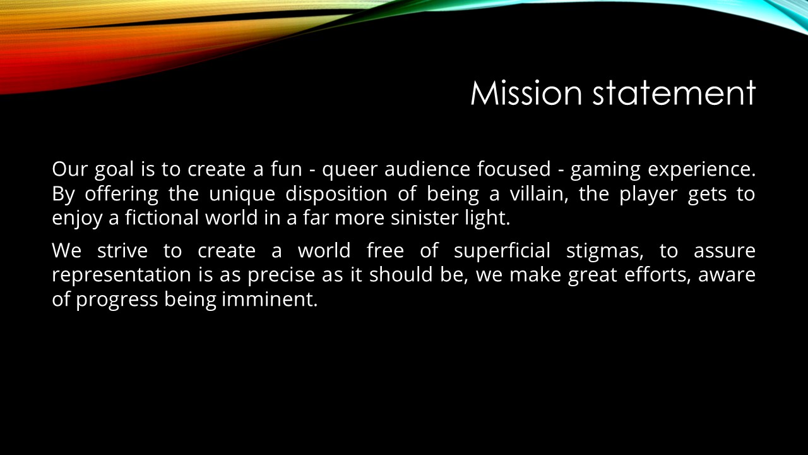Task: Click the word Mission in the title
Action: (526, 93)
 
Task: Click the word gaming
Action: (605, 170)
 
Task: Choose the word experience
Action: (701, 170)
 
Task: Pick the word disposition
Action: (336, 195)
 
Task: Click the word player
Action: (648, 195)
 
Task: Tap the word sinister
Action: (425, 218)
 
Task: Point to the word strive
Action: (122, 251)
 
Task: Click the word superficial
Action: (502, 252)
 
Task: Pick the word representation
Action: (122, 275)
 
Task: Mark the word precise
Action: (282, 275)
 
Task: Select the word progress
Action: (117, 300)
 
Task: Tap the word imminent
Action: (270, 299)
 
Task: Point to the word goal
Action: (114, 170)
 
